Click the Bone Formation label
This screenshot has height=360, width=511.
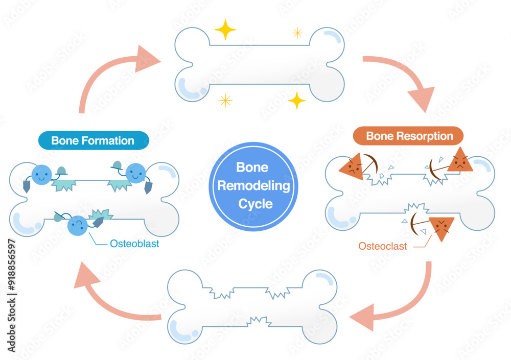pyautogui.click(x=92, y=140)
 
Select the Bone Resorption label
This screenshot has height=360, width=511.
pyautogui.click(x=409, y=136)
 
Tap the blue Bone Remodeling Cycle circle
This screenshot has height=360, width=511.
pyautogui.click(x=255, y=186)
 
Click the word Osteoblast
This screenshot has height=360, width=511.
pyautogui.click(x=134, y=244)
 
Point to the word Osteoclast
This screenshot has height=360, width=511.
pyautogui.click(x=383, y=246)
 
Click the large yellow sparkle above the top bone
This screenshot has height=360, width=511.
pyautogui.click(x=225, y=30)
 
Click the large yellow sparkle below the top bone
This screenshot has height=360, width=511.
pyautogui.click(x=296, y=100)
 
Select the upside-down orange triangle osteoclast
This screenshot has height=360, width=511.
pyautogui.click(x=441, y=228)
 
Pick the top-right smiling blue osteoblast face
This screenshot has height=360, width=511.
pyautogui.click(x=136, y=173)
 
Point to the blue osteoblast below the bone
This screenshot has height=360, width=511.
pyautogui.click(x=77, y=225)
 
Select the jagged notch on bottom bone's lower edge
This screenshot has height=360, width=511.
pyautogui.click(x=261, y=322)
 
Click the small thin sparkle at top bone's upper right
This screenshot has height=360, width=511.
pyautogui.click(x=297, y=33)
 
